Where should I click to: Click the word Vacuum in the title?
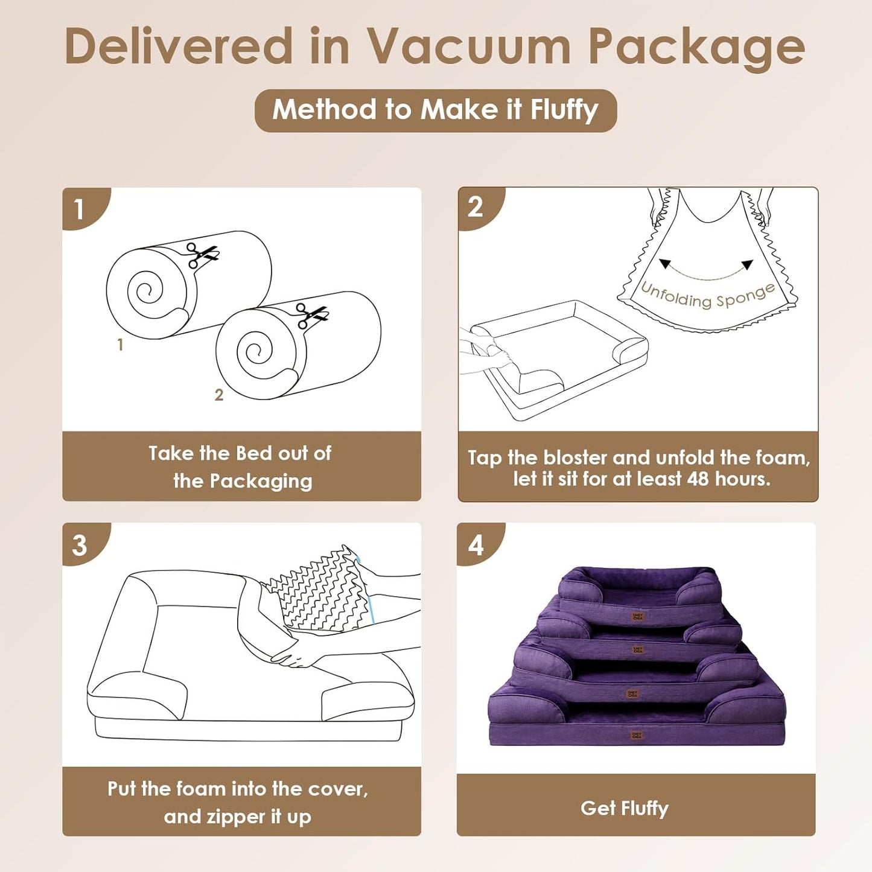469,47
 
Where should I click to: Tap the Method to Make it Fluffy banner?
436,110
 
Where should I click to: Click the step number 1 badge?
79,209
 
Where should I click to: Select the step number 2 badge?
476,207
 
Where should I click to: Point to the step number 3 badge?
80,545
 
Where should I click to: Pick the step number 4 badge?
476,545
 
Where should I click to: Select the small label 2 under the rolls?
219,395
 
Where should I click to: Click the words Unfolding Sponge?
707,296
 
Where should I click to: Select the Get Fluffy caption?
625,808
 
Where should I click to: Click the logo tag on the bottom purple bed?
637,735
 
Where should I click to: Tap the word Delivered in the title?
179,47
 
